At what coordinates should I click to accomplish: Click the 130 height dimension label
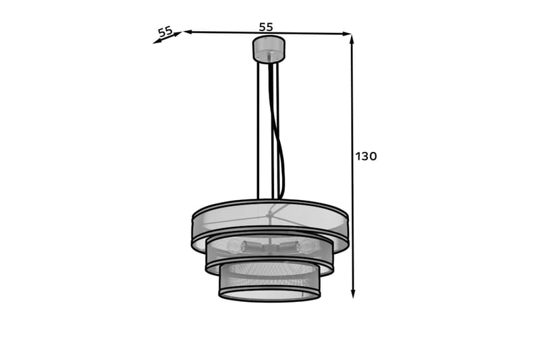pyautogui.click(x=366, y=157)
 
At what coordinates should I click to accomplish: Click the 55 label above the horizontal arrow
pyautogui.click(x=266, y=26)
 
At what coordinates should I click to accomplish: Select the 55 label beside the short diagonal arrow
pyautogui.click(x=165, y=31)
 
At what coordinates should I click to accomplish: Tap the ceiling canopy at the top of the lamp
pyautogui.click(x=269, y=49)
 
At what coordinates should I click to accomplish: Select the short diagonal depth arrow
pyautogui.click(x=167, y=38)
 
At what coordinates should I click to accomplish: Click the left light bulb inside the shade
pyautogui.click(x=234, y=247)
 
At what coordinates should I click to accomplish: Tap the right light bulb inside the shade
pyautogui.click(x=306, y=247)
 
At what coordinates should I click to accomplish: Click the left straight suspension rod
pyautogui.click(x=259, y=128)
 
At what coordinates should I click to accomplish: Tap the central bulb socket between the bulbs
pyautogui.click(x=269, y=246)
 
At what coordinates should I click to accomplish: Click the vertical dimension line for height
pyautogui.click(x=352, y=203)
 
